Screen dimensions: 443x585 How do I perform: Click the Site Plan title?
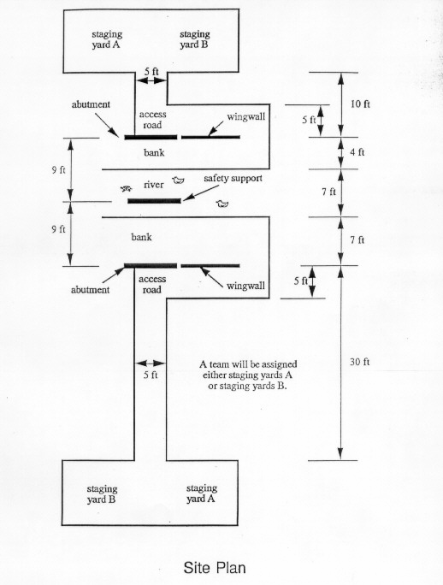215,568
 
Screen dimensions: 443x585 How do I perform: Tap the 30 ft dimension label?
360,362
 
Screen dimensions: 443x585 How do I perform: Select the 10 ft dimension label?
360,103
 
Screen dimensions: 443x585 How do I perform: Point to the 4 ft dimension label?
357,152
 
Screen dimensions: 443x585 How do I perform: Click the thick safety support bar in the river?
154,201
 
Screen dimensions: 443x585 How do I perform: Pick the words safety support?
233,179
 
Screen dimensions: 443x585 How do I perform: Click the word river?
154,184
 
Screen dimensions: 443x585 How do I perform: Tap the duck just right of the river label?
179,180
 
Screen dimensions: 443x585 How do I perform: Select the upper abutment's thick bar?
151,138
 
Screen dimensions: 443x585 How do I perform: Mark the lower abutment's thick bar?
151,266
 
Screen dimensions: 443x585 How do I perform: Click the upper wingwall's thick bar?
210,138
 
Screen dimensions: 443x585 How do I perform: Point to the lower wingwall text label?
245,286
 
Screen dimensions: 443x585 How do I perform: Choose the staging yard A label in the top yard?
107,39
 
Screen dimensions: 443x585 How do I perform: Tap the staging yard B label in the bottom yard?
102,494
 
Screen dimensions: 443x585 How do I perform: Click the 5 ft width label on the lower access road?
151,375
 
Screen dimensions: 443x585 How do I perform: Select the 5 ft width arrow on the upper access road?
151,80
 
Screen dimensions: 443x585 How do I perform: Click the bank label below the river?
141,237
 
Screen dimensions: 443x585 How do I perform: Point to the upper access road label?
152,120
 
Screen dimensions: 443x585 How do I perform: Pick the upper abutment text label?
91,104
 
